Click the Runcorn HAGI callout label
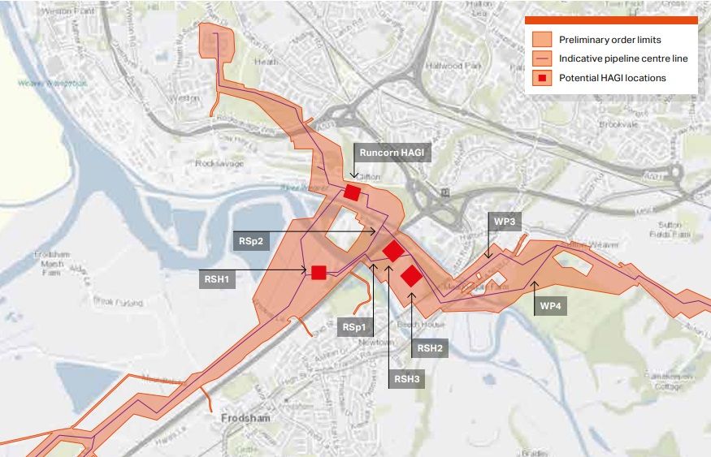(392, 152)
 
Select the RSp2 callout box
(251, 241)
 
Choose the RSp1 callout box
(353, 328)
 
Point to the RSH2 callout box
(430, 348)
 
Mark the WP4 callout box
(550, 307)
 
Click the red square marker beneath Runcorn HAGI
(352, 192)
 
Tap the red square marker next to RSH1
(319, 272)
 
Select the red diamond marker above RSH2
(411, 276)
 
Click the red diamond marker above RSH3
(393, 251)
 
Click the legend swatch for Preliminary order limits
(542, 39)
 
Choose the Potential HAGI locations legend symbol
(542, 78)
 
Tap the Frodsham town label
(245, 418)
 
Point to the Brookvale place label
(620, 125)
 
